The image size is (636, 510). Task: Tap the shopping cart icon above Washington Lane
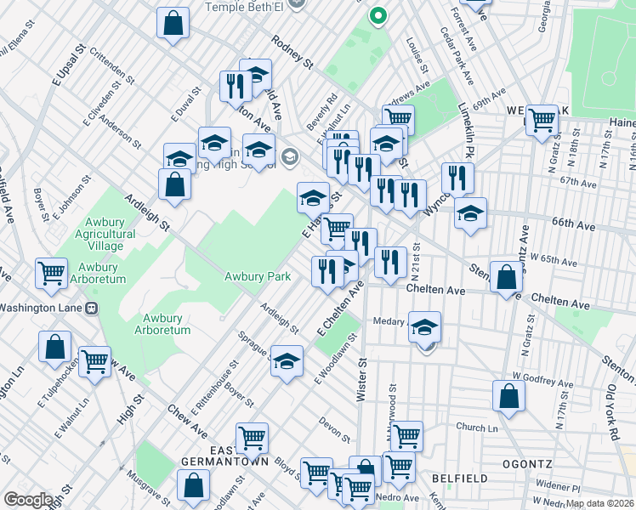[52, 273]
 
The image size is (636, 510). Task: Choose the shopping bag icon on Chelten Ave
[507, 277]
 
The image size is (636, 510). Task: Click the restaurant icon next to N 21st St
[390, 262]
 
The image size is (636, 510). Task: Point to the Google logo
[28, 500]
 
